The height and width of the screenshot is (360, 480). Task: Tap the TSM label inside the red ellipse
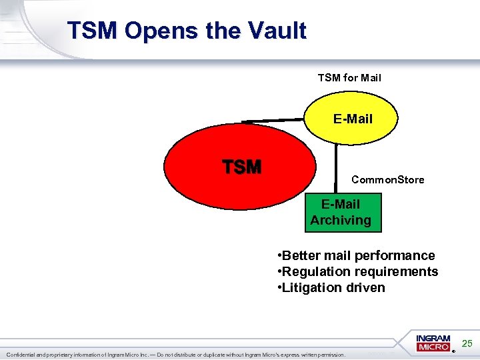241,167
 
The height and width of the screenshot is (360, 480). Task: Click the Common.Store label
387,180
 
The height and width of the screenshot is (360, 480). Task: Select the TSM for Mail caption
349,78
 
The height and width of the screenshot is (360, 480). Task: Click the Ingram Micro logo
434,343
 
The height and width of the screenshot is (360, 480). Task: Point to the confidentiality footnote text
176,355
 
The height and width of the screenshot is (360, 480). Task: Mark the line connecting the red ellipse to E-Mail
273,121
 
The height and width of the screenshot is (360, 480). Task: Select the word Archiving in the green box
341,220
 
